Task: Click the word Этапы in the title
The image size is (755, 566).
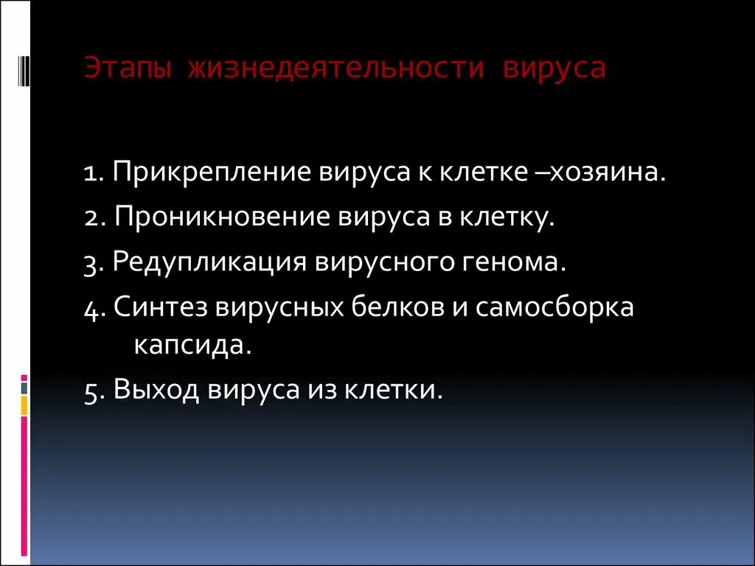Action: [x=127, y=69]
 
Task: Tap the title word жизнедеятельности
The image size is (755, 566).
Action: [x=335, y=69]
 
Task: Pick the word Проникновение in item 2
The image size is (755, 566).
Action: [x=222, y=217]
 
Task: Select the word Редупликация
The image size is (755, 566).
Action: [x=209, y=263]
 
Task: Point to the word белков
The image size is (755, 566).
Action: [x=394, y=307]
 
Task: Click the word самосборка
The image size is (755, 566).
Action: [x=554, y=307]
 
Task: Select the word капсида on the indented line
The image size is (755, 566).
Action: [x=192, y=345]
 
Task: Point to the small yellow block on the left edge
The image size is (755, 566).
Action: [x=24, y=405]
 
